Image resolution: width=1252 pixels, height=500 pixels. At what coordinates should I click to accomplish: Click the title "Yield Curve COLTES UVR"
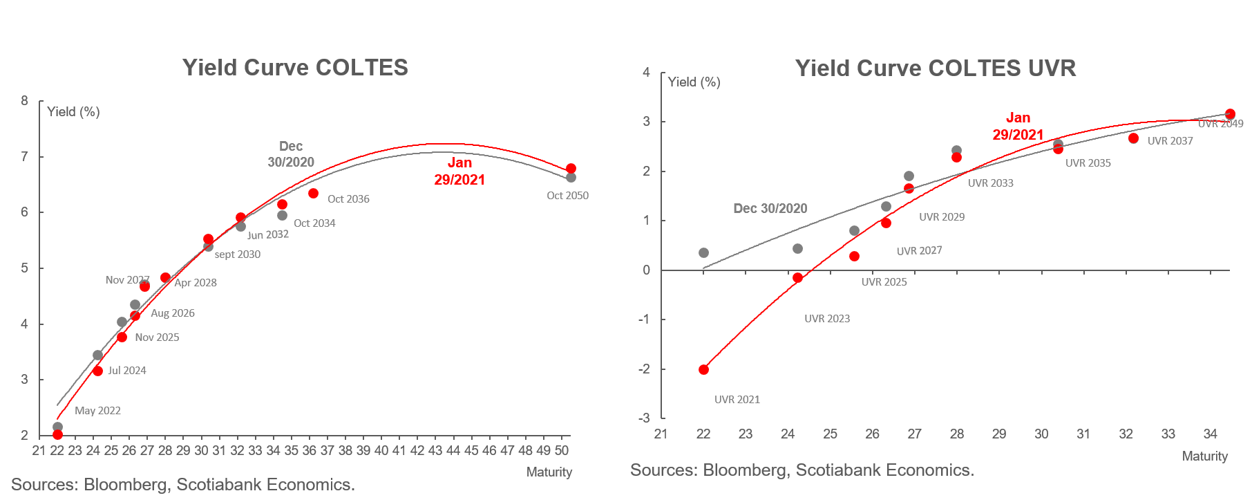(936, 68)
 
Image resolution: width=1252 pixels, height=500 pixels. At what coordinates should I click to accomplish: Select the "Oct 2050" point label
(567, 196)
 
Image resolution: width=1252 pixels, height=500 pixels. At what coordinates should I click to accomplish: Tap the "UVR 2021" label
(737, 400)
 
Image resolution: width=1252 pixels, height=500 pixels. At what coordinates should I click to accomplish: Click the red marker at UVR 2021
(703, 369)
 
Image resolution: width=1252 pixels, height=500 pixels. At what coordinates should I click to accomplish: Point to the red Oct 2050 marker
(571, 169)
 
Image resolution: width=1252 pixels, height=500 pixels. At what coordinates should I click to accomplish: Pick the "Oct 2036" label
(348, 199)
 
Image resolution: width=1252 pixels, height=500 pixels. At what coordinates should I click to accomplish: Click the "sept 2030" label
(238, 254)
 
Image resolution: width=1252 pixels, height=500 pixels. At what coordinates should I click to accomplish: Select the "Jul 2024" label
(127, 371)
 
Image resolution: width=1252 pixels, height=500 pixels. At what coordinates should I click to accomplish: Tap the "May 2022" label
(97, 411)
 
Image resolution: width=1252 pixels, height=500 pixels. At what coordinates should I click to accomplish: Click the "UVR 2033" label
(990, 183)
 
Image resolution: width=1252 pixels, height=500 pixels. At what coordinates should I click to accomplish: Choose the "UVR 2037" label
(1170, 141)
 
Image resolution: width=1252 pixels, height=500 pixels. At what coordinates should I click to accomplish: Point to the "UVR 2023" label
(827, 319)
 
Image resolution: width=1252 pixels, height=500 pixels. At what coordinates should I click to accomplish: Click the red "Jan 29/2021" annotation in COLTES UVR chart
(1018, 127)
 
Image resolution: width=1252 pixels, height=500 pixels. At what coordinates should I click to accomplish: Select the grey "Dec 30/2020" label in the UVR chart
(770, 209)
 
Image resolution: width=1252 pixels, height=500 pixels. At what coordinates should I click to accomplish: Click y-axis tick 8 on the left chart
(25, 101)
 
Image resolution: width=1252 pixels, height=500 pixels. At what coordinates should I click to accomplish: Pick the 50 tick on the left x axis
(562, 451)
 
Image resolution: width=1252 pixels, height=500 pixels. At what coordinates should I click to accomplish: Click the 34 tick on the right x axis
(1210, 434)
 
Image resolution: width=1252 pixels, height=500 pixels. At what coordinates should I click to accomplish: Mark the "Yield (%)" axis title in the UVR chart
(694, 82)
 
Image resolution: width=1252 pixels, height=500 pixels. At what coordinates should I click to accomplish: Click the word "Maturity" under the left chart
(549, 472)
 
